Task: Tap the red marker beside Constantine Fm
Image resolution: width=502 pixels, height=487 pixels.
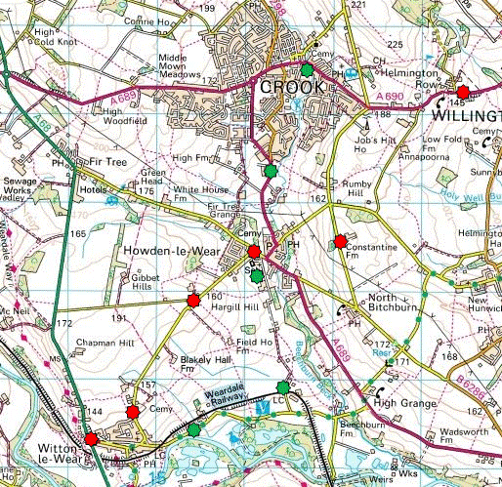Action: coord(340,241)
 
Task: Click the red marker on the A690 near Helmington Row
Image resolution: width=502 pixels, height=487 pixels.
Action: coord(463,91)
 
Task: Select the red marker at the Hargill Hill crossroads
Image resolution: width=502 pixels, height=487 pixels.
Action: coord(193,301)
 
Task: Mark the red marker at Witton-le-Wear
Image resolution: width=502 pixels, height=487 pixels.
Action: coord(91,439)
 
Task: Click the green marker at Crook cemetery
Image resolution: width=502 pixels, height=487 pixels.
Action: coord(308,70)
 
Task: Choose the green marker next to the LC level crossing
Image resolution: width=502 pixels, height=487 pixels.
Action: coord(283,387)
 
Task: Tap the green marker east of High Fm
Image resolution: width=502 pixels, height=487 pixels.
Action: coord(271,171)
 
